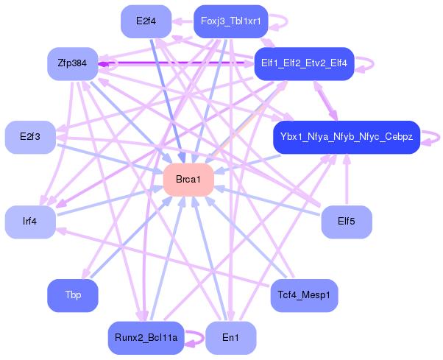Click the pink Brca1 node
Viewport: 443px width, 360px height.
188,180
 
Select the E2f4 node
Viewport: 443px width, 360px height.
146,21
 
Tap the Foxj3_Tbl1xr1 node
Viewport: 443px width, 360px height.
230,21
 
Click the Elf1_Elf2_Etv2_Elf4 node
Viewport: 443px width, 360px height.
304,64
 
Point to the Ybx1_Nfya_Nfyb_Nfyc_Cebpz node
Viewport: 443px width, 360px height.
346,138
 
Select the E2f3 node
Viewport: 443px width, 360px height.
30,138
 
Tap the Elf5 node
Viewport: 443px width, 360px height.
346,222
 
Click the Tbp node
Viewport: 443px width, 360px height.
72,295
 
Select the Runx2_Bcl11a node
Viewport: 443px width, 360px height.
146,338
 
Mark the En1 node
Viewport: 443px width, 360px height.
230,338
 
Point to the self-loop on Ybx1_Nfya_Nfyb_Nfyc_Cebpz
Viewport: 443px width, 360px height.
436,137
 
